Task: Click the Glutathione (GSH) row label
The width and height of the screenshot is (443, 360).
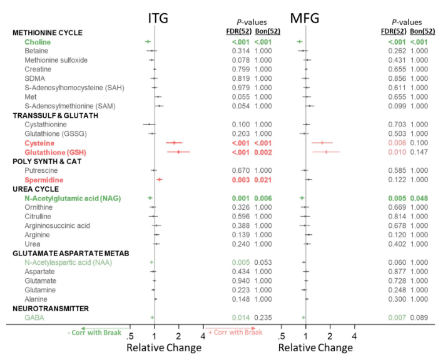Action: (x=55, y=152)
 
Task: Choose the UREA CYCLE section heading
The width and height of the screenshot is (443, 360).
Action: (x=37, y=188)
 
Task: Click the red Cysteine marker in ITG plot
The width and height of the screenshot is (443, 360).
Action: (x=175, y=143)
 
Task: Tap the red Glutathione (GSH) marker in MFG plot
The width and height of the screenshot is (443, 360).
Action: (x=326, y=152)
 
